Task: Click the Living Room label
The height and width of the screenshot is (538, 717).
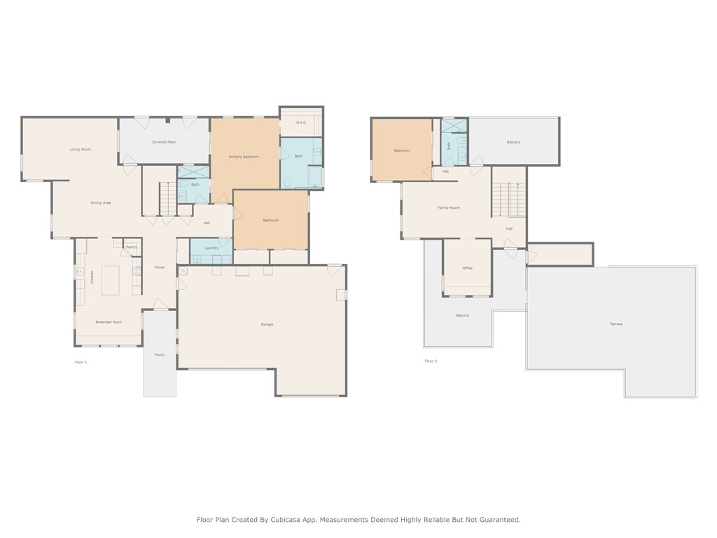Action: [x=81, y=149]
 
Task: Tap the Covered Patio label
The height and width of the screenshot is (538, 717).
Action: [x=164, y=142]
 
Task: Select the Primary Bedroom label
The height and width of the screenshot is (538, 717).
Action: [x=244, y=157]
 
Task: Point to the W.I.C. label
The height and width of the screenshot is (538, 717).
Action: [x=301, y=123]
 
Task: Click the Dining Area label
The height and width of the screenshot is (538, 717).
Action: [x=101, y=202]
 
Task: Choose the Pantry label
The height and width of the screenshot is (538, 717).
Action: [x=132, y=247]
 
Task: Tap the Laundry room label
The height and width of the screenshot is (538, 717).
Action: [x=211, y=248]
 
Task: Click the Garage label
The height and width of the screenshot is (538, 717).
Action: [x=267, y=324]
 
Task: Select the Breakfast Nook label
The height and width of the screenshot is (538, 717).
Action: [x=109, y=322]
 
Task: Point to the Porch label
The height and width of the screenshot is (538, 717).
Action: [x=160, y=355]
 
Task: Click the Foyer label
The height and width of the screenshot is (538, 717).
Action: [x=160, y=268]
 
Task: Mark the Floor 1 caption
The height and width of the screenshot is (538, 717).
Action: [x=81, y=362]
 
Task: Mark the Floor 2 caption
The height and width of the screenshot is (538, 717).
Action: [x=431, y=361]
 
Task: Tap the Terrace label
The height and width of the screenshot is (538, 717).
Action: [x=616, y=324]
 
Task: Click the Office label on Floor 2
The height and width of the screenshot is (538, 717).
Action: [x=467, y=268]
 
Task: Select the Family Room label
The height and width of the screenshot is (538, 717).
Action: [x=449, y=207]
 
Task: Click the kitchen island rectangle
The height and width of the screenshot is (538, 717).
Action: [x=110, y=280]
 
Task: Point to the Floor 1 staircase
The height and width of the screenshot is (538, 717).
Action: [x=168, y=198]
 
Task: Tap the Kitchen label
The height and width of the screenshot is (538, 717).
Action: [x=92, y=277]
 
